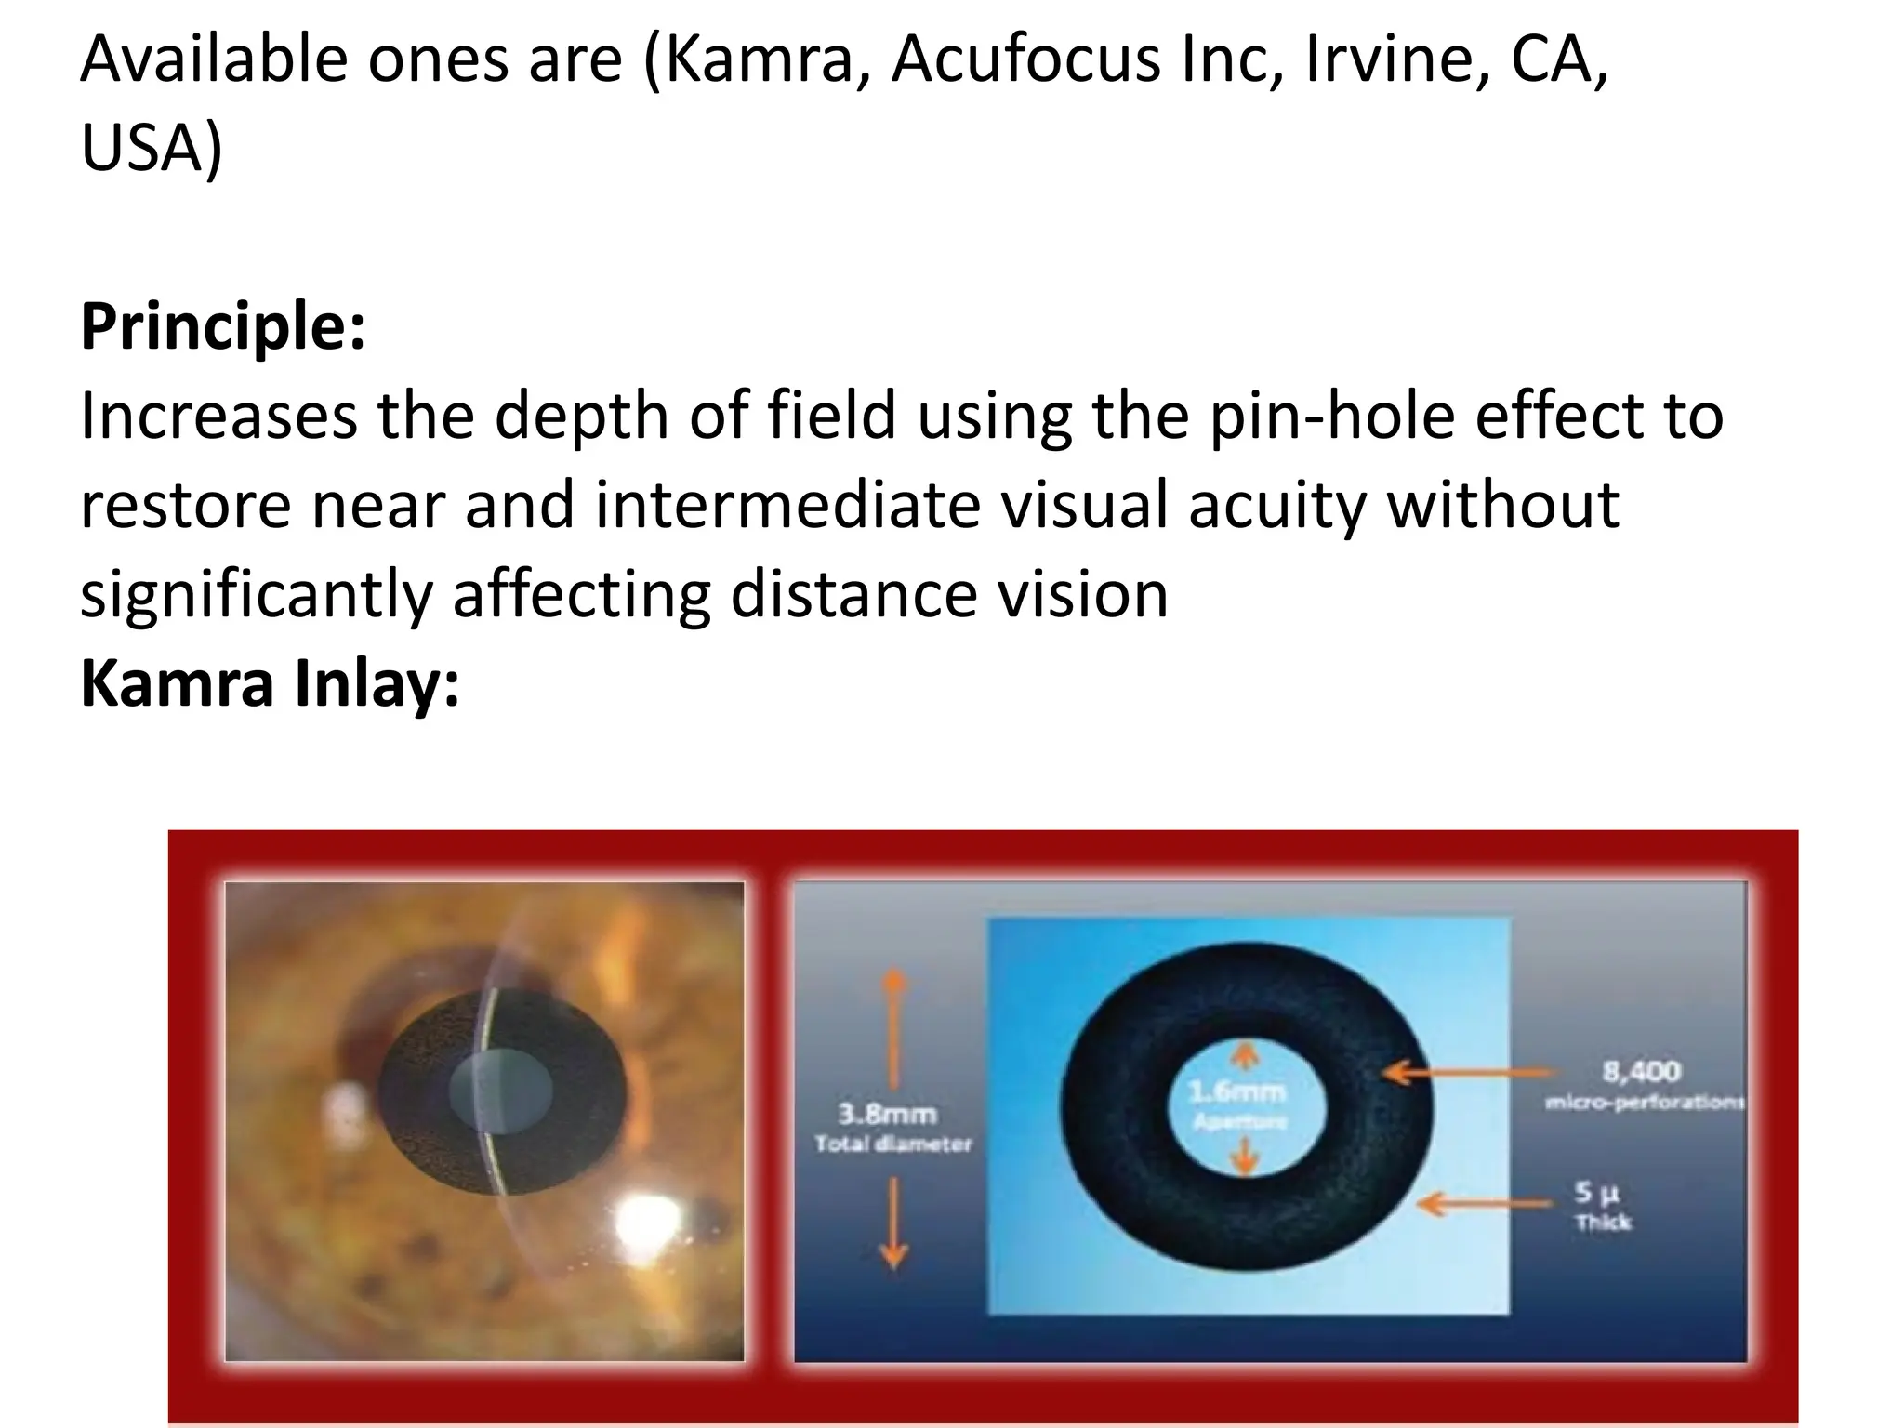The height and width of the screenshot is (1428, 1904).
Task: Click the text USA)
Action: coord(152,149)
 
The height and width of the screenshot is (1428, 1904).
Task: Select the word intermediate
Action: coord(787,505)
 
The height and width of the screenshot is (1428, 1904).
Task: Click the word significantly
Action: coord(256,594)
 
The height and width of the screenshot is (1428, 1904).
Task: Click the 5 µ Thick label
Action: coord(1601,1206)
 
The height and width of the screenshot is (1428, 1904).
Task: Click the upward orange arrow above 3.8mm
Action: coord(893,1027)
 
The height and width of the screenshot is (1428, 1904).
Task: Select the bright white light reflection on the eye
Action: coord(648,1217)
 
